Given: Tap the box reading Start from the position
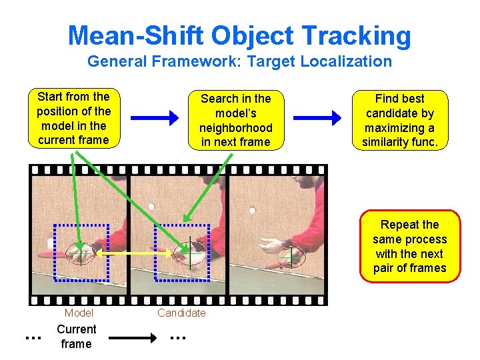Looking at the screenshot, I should (x=73, y=118).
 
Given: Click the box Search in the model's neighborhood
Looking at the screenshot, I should (x=235, y=120).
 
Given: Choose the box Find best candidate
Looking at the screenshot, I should (x=400, y=120).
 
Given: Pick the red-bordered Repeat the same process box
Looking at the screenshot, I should (x=409, y=247).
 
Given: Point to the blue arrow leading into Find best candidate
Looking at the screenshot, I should (x=317, y=119).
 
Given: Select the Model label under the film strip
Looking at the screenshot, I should (x=79, y=313).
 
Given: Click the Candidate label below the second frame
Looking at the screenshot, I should (x=181, y=313).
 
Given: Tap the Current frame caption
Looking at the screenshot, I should (x=76, y=337).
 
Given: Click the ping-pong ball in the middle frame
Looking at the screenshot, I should (x=151, y=207).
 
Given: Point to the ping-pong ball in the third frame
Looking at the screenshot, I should (x=252, y=212).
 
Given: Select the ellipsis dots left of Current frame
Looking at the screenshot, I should (x=31, y=339).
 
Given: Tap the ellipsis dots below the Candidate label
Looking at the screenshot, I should (x=177, y=339).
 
